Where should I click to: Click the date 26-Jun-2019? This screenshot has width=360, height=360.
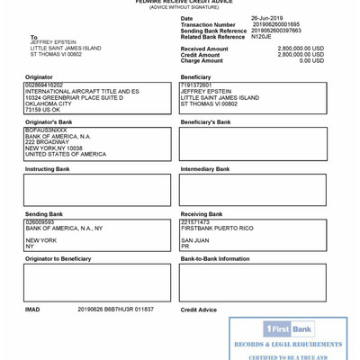tap(266, 18)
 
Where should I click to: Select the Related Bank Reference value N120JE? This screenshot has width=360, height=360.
tap(261, 37)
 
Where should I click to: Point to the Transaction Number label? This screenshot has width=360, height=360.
tap(208, 25)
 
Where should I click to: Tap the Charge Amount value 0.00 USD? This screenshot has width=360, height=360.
tap(311, 60)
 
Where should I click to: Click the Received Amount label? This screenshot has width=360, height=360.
tap(204, 49)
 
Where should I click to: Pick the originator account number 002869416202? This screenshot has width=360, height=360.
tap(44, 85)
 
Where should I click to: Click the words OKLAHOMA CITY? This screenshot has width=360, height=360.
tap(49, 103)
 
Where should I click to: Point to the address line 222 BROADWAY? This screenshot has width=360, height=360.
tap(47, 142)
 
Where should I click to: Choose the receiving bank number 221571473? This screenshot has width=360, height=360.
tap(195, 221)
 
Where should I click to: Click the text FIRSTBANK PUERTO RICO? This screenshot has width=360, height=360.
tap(217, 229)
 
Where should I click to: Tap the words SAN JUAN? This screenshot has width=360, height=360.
tap(194, 240)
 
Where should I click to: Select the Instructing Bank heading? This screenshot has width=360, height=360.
tap(47, 168)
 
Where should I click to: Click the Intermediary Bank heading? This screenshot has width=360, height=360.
tap(205, 168)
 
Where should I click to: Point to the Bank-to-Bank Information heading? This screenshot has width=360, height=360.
tap(215, 258)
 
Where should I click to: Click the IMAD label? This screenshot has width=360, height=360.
tap(32, 310)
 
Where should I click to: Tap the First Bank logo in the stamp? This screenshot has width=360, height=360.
tap(288, 328)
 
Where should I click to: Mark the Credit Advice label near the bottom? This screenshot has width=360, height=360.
tap(199, 310)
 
